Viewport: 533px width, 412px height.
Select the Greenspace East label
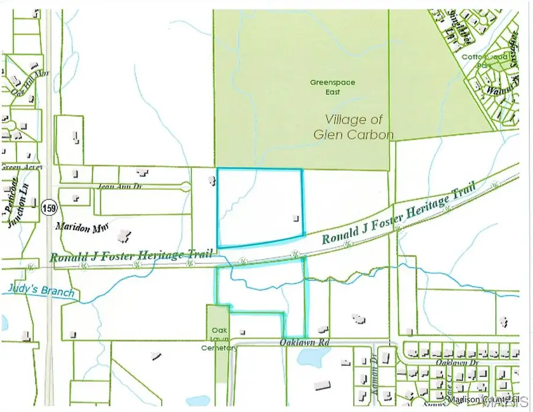click(x=332, y=87)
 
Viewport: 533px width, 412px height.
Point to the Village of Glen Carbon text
click(x=353, y=127)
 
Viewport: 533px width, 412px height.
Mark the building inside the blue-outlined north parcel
click(x=295, y=218)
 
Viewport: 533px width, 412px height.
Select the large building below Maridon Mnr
click(x=125, y=237)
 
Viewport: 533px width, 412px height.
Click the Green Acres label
click(x=21, y=167)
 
